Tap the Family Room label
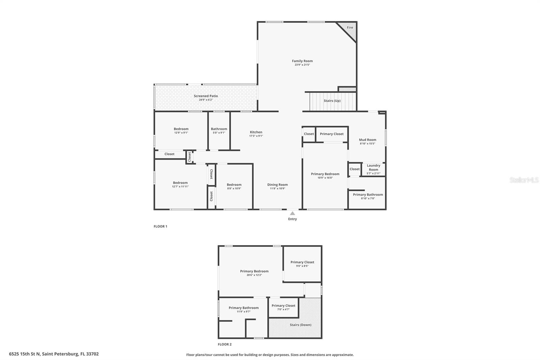point(302,61)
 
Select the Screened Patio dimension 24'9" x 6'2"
point(206,100)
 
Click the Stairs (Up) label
point(332,101)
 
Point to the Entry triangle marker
point(292,213)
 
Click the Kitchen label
point(256,132)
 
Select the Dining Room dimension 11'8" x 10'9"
point(277,188)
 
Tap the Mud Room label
point(367,139)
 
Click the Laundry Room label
point(373,168)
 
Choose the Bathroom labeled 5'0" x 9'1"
point(219,130)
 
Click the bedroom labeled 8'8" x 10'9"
point(234,186)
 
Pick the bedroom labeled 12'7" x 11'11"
point(180,184)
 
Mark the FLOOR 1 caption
point(160,226)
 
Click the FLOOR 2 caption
point(224,344)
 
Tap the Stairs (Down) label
point(300,325)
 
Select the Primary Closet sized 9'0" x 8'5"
point(302,264)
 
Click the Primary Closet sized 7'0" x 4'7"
point(283,307)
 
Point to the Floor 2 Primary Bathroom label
point(243,308)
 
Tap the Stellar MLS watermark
point(524,180)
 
